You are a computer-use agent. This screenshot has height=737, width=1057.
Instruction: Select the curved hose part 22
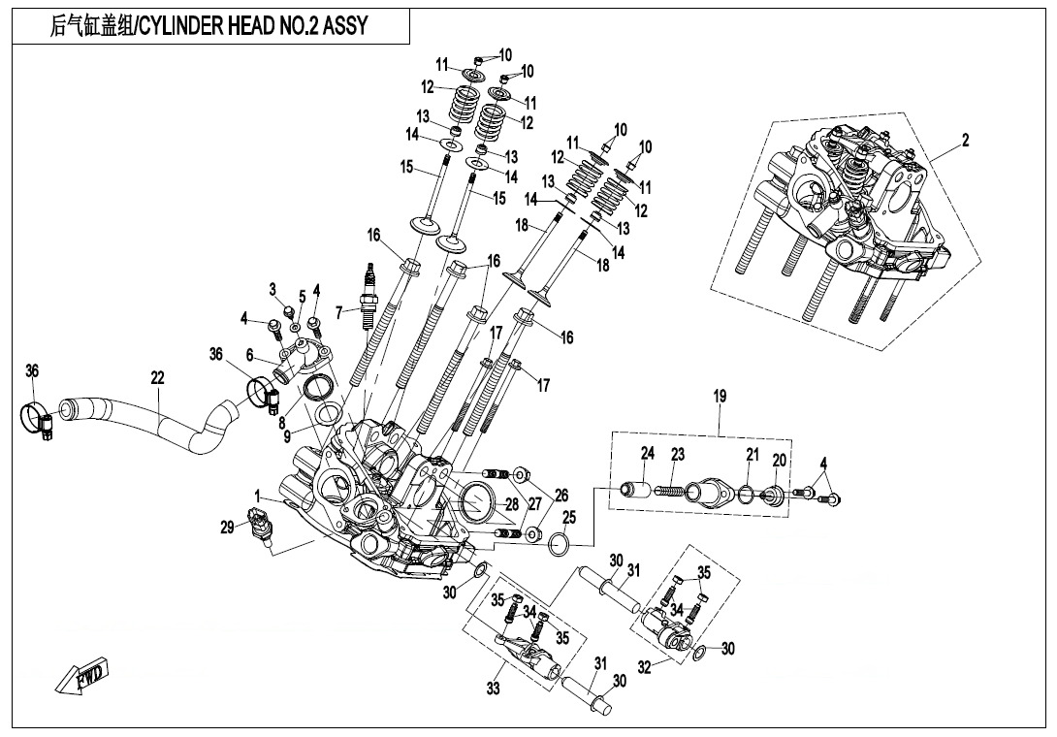(x=155, y=419)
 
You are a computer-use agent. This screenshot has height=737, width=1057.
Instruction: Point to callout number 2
(x=965, y=140)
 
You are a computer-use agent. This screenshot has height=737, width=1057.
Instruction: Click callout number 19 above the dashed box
(x=720, y=397)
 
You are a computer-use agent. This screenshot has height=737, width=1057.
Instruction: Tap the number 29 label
(x=227, y=527)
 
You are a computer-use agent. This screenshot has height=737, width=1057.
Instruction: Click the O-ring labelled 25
(x=560, y=545)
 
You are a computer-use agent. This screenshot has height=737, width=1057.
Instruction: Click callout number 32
(x=642, y=666)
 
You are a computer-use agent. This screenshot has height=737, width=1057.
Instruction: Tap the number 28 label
(x=511, y=502)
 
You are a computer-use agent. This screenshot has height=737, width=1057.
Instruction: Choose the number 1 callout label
(x=258, y=496)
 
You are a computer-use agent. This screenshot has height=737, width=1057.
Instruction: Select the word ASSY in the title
(x=344, y=26)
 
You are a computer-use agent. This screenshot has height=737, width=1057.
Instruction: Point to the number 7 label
(x=339, y=312)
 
